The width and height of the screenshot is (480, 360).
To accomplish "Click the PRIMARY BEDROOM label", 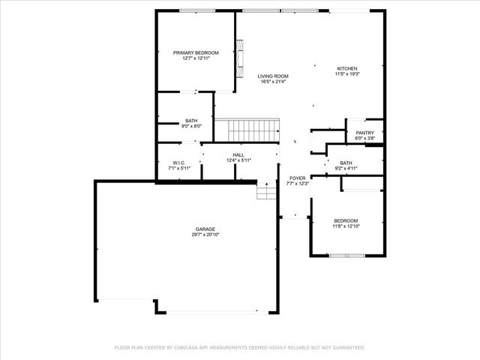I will [196, 52].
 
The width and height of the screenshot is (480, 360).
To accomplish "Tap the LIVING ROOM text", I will [272, 76].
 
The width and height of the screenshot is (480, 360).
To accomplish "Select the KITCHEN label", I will [346, 68].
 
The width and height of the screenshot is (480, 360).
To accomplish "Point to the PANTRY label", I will [364, 133].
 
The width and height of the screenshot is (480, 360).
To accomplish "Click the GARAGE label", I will [205, 229].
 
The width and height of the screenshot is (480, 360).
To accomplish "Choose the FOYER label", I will [298, 178].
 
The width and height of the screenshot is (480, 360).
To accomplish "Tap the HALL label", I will [238, 154].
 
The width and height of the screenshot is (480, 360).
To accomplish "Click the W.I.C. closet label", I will [178, 162].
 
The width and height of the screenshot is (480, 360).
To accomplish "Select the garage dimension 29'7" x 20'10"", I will [205, 235].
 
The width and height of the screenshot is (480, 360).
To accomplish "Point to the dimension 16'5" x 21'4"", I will [272, 82].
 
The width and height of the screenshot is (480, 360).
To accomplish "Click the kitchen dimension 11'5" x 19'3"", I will [346, 74].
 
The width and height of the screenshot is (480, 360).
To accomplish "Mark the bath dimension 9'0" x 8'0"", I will [191, 126].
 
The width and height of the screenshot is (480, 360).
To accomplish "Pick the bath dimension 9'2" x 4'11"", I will [346, 168].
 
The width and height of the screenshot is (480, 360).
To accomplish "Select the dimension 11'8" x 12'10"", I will [346, 226].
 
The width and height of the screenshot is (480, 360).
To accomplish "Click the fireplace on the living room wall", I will [240, 60].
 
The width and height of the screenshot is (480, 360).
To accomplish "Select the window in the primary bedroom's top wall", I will [197, 10].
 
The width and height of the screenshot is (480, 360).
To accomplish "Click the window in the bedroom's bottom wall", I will [346, 256].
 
